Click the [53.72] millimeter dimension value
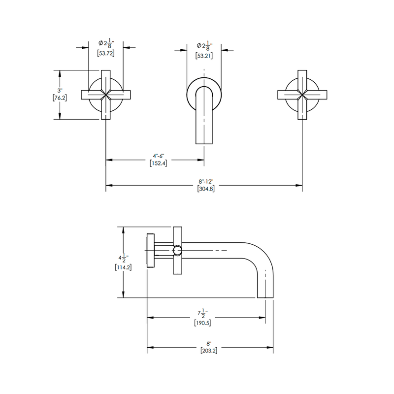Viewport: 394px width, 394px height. tap(106, 54)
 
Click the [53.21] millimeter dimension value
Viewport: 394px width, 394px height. tap(204, 56)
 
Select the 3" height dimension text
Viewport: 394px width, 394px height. tap(60, 91)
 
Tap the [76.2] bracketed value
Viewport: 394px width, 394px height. tap(60, 98)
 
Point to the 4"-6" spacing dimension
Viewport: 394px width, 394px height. tap(158, 157)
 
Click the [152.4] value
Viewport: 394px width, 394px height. tap(158, 164)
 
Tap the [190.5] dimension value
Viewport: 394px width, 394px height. tap(206, 323)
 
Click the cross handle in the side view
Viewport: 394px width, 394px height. tap(178, 250)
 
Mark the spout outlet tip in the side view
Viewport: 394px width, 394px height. tap(266, 296)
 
